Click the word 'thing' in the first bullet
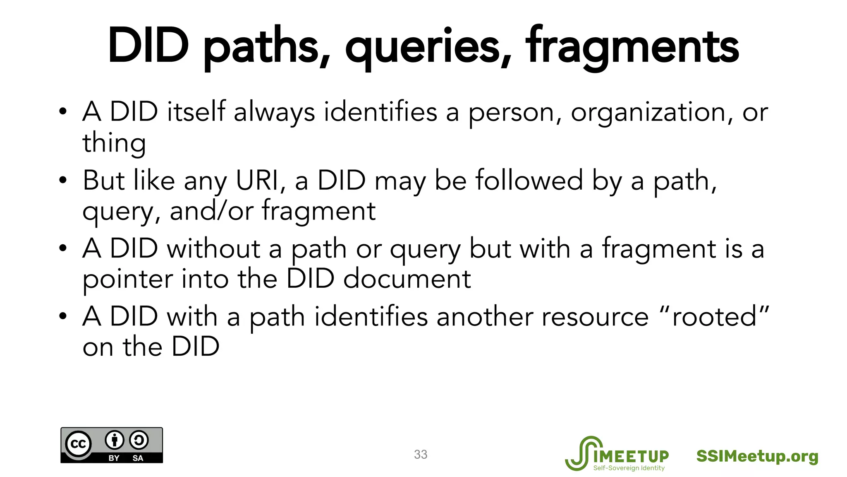[x=114, y=143]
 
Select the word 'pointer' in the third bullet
[x=127, y=279]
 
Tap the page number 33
[x=421, y=454]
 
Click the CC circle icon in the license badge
[x=78, y=444]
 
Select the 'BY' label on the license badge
[x=114, y=458]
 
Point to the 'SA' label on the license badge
[x=138, y=458]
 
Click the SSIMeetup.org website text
[x=757, y=456]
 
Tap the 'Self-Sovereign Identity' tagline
[x=629, y=468]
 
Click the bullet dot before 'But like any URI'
[x=62, y=181]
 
